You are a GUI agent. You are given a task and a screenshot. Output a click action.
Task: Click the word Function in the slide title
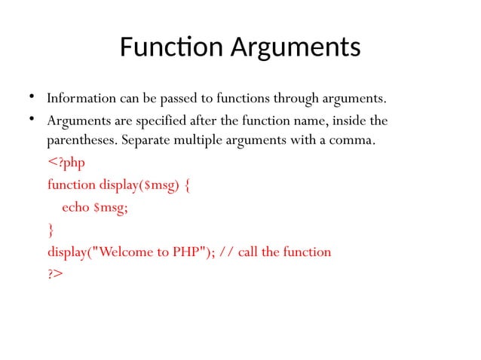161,47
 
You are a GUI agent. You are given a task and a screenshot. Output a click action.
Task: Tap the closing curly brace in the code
51,229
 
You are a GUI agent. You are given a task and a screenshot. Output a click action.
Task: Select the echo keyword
76,207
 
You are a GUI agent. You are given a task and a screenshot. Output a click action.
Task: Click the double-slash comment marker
228,251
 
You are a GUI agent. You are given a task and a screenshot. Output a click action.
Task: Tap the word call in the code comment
250,251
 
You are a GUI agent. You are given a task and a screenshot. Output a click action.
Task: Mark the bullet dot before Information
32,97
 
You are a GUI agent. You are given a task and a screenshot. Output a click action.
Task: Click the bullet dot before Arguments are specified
32,119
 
